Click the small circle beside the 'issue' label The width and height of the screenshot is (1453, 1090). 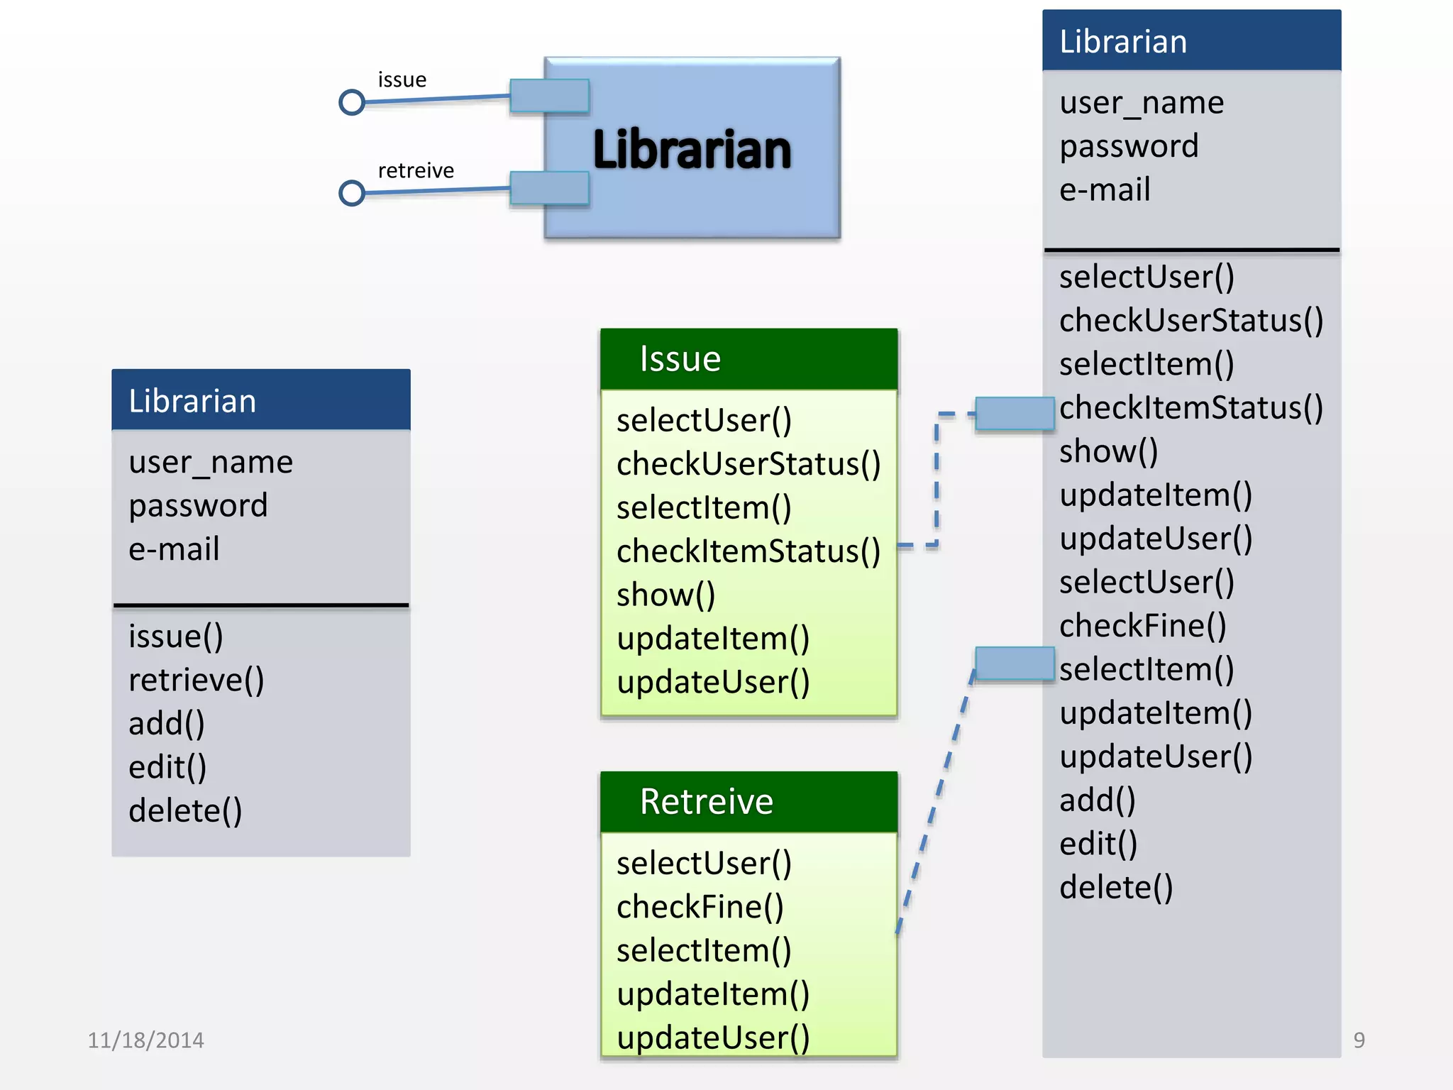click(352, 102)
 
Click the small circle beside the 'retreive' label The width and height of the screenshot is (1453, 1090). click(352, 193)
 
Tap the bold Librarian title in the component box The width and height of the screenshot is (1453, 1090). click(692, 150)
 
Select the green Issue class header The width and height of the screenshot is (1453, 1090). click(749, 359)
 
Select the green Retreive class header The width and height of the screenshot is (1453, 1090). click(749, 802)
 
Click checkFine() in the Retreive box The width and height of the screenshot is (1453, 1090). click(700, 907)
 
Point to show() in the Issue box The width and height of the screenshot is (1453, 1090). click(665, 595)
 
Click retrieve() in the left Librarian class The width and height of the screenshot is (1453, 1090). click(196, 680)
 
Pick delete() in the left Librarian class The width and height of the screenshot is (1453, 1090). click(185, 810)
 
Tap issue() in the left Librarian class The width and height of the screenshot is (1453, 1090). click(176, 636)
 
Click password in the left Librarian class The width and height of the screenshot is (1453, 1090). click(198, 505)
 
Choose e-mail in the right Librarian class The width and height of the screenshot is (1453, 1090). click(1105, 189)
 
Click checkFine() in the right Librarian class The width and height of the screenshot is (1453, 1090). click(1142, 626)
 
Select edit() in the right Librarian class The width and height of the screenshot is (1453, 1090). click(1098, 844)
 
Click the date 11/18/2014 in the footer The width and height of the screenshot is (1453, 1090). click(145, 1040)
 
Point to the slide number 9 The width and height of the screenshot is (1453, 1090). click(1359, 1040)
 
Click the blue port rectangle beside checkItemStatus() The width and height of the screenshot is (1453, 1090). click(1015, 414)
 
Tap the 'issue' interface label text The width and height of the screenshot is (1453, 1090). click(402, 79)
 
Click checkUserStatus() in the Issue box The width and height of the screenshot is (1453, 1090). click(748, 464)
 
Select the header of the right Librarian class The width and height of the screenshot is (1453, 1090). click(1192, 41)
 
